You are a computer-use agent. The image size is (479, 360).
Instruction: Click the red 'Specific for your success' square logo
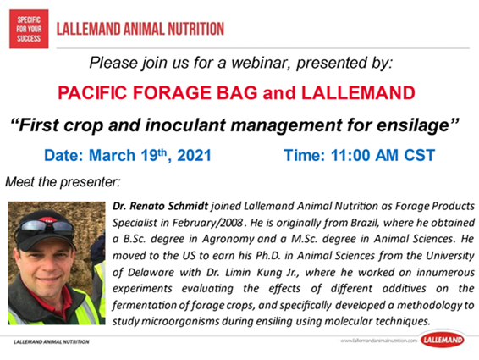pos(29,29)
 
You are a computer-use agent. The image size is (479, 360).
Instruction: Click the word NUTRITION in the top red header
pos(195,29)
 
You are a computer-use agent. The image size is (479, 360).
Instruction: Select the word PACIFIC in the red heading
pos(92,92)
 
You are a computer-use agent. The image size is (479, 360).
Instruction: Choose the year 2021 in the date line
pos(195,155)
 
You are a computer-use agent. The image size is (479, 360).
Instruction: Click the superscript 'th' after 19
pos(162,152)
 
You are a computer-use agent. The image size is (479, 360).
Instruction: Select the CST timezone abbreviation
pos(420,155)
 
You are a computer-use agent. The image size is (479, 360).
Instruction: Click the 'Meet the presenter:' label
pos(63,182)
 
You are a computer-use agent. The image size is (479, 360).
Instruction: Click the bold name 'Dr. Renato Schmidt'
pos(161,206)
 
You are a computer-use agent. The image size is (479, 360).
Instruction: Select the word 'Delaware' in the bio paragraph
pos(151,272)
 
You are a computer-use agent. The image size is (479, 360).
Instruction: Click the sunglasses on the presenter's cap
pos(47,227)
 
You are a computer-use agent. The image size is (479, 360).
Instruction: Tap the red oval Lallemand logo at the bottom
pos(443,340)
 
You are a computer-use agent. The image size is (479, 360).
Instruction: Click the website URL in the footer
pos(379,341)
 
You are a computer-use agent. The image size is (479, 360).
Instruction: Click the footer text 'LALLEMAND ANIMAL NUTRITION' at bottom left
pos(52,341)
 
